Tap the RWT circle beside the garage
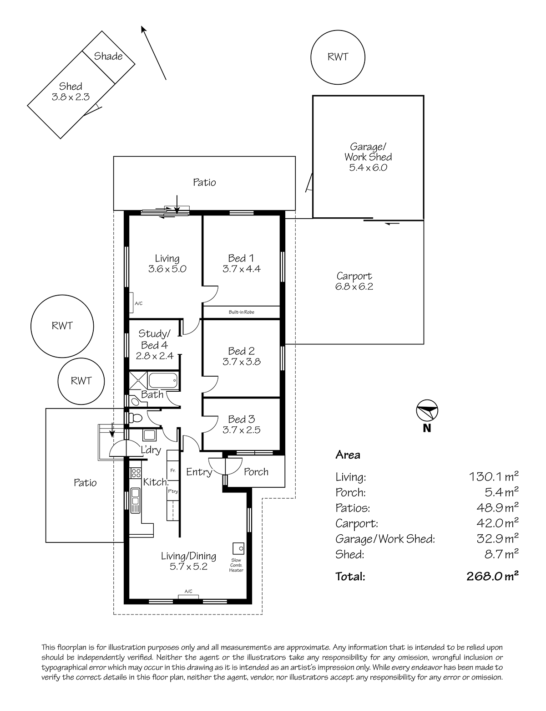pos(338,57)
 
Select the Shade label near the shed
pos(108,56)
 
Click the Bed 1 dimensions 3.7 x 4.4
pos(241,269)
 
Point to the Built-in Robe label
pos(241,312)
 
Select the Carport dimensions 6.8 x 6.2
pos(354,286)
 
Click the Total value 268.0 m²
pos(492,576)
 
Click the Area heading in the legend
pos(348,455)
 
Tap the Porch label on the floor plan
pos(256,472)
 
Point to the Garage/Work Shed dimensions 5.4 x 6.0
pos(368,167)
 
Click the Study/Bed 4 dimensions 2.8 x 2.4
pos(154,356)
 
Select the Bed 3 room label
pos(241,419)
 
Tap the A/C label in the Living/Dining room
pos(188,591)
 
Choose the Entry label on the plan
pos(199,472)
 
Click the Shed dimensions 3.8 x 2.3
pos(71,97)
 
